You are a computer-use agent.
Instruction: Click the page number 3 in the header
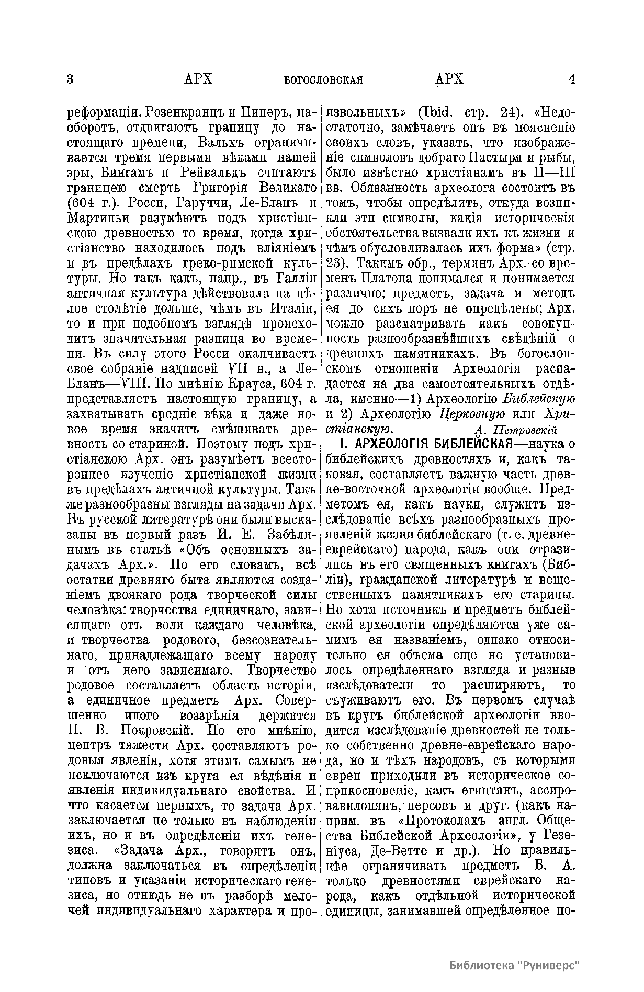tap(71, 79)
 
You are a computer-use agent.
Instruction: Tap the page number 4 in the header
tap(572, 79)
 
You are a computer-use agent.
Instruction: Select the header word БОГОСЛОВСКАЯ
tap(323, 80)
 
